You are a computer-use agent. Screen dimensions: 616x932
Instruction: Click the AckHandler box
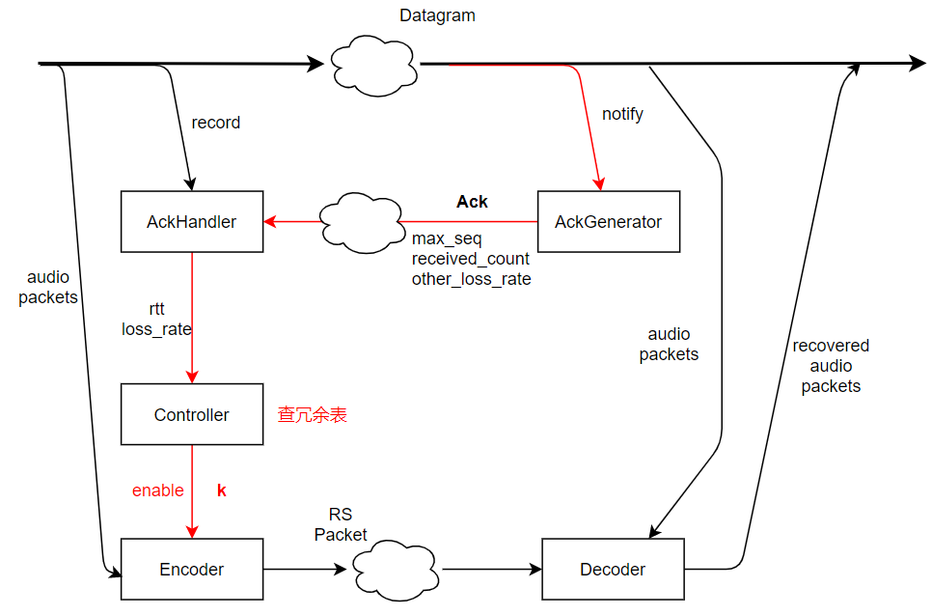(191, 222)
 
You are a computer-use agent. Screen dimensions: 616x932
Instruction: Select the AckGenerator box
(608, 222)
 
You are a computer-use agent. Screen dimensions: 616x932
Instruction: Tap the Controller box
(191, 415)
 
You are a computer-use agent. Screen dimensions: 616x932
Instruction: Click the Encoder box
(191, 570)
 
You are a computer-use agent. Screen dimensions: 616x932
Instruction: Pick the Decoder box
(613, 570)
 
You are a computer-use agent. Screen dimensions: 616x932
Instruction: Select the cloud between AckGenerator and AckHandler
(362, 222)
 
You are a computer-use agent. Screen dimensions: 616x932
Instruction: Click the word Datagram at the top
(437, 16)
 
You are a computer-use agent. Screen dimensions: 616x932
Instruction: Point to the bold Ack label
(472, 202)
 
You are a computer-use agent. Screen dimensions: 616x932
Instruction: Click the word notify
(622, 114)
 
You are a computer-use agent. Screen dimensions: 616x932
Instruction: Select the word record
(216, 123)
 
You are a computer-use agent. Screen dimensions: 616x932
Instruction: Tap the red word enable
(158, 490)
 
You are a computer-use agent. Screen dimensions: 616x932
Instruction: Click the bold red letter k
(222, 490)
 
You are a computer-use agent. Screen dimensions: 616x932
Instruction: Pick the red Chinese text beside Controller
(313, 415)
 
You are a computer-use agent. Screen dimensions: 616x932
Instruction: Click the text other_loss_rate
(471, 279)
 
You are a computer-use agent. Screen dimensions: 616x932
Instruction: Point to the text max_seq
(447, 238)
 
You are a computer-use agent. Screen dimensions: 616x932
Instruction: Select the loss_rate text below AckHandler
(156, 329)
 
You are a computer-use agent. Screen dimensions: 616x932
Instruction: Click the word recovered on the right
(831, 346)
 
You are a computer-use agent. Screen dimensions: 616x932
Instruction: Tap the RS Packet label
(341, 525)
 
